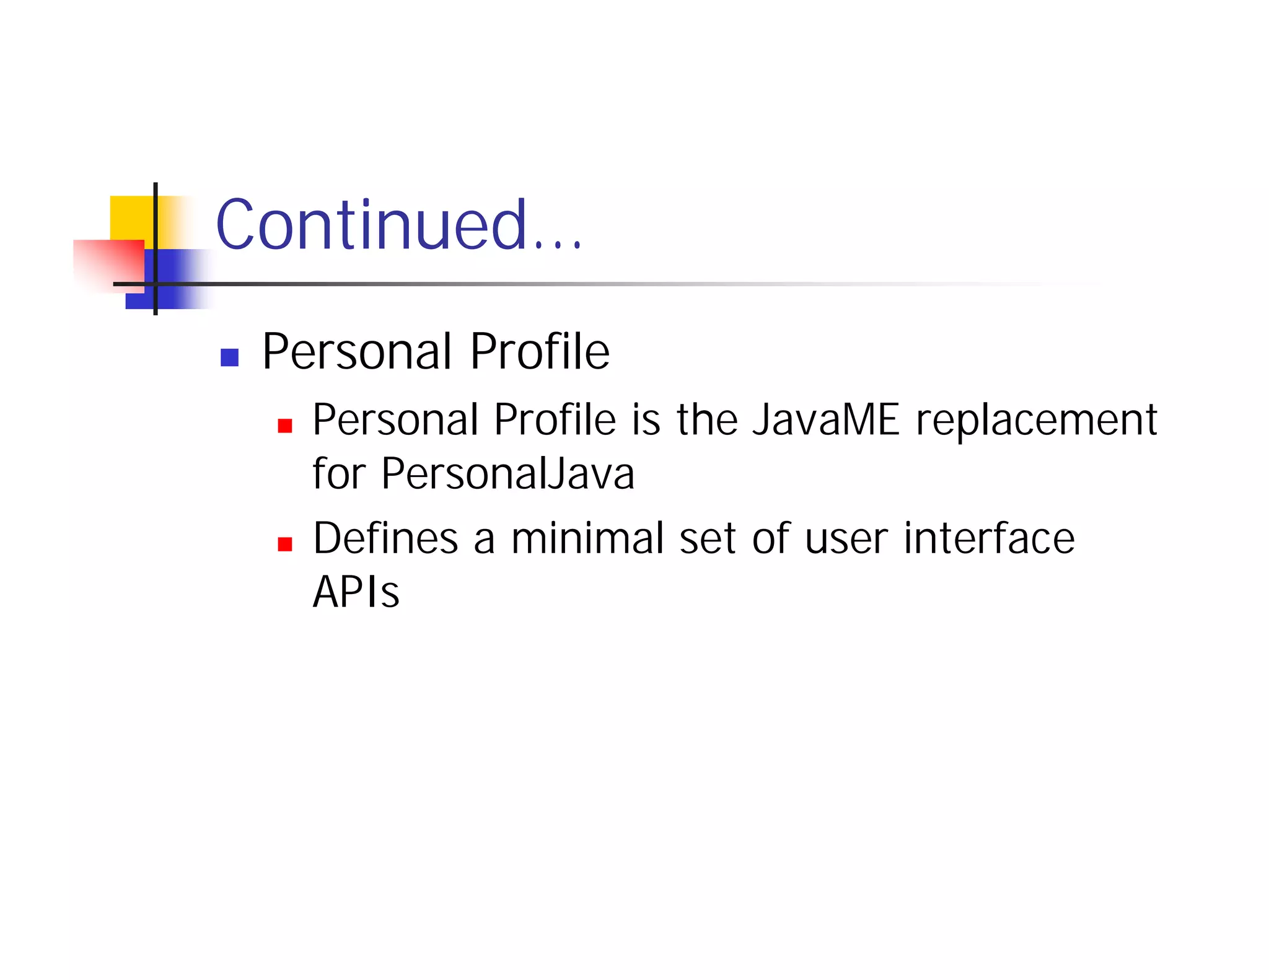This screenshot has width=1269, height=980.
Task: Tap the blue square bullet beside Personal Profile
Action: (230, 357)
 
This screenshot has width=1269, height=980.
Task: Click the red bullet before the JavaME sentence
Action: (284, 426)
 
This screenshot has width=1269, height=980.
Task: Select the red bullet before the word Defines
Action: (284, 544)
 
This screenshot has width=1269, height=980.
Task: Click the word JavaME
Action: (825, 420)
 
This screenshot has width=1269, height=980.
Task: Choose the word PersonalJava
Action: (507, 474)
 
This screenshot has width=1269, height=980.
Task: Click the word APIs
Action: (356, 592)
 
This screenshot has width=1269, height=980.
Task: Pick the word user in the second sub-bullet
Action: (846, 539)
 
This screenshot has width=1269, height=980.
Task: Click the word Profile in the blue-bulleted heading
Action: (539, 351)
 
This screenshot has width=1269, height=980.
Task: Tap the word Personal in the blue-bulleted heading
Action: (357, 351)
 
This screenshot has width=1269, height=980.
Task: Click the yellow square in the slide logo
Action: (131, 217)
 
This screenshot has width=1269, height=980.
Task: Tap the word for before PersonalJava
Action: (338, 474)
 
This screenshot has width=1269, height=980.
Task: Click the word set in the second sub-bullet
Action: (707, 539)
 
